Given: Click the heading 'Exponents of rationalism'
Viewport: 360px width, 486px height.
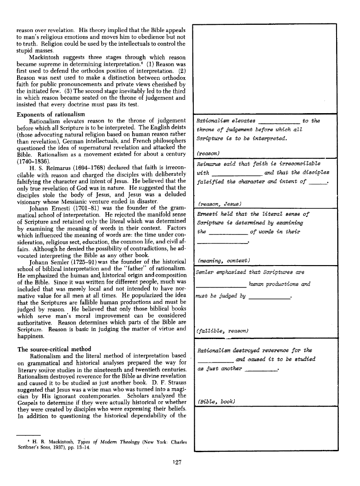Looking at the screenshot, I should click(x=50, y=114).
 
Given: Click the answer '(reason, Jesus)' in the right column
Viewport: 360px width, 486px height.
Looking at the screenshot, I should click(x=216, y=204).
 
